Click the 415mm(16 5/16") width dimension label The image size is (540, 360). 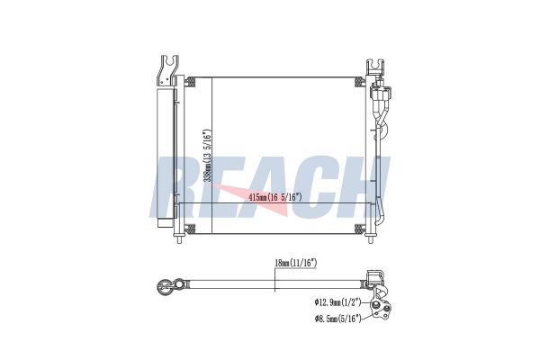[275, 197]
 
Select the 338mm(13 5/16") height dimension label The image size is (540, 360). [207, 156]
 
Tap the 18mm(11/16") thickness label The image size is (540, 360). [295, 263]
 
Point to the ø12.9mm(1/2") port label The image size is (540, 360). [337, 302]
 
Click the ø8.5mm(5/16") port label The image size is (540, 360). [337, 319]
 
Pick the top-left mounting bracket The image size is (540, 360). [167, 70]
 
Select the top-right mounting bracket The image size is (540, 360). [375, 67]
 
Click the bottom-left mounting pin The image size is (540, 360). [179, 239]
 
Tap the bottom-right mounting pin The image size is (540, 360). [371, 239]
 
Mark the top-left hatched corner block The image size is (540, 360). [190, 83]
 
